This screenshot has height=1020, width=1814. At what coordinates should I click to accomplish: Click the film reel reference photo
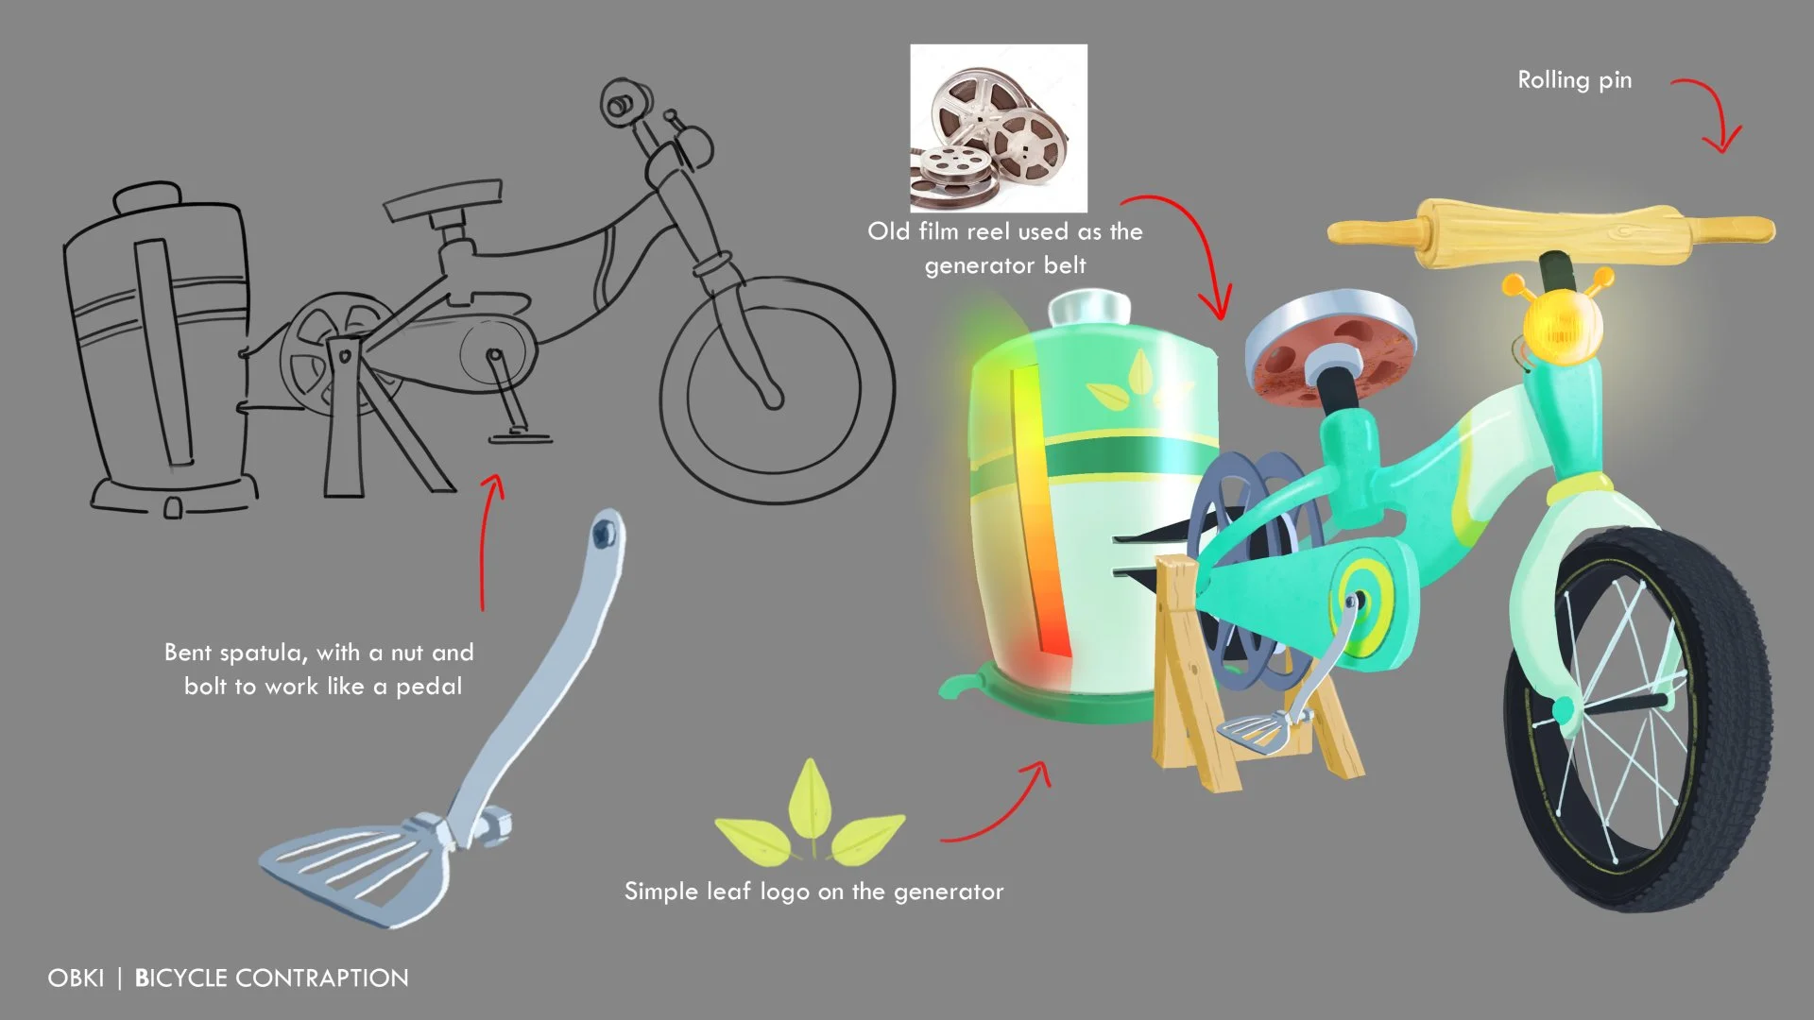999,127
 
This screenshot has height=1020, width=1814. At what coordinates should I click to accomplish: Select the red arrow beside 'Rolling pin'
1710,113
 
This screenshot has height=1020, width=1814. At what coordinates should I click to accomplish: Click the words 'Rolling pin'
1574,80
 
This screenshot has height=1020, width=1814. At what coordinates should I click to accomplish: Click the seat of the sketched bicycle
442,196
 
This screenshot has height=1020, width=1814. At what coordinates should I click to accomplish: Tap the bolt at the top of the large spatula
604,535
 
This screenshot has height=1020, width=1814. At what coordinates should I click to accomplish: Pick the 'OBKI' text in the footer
76,978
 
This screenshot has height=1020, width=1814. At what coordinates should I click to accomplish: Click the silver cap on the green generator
1089,307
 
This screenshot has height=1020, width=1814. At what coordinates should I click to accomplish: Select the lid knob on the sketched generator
146,196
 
